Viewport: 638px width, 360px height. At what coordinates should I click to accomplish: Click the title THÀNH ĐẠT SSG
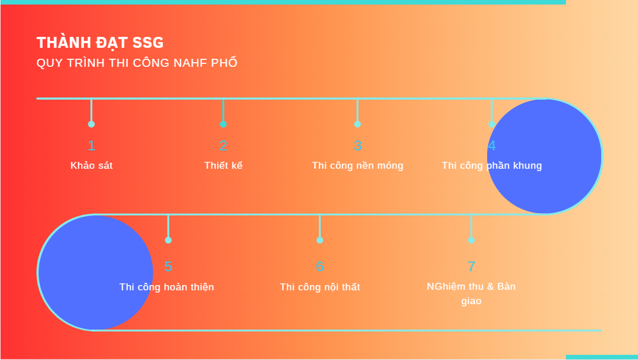pos(100,43)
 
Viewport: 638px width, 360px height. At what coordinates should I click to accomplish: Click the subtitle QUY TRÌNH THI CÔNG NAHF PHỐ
pos(137,63)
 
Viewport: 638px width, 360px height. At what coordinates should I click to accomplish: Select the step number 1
pos(92,146)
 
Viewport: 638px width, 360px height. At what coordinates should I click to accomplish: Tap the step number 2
pos(223,146)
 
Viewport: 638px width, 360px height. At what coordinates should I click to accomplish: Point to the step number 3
pos(358,146)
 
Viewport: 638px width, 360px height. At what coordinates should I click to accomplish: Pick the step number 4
pos(492,146)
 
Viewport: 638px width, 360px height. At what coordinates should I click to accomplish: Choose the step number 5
pos(169,267)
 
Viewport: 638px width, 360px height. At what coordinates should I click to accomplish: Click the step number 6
pos(320,267)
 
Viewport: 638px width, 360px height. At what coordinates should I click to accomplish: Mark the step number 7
pos(471,267)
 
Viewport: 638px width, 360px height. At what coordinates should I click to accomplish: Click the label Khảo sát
pos(92,165)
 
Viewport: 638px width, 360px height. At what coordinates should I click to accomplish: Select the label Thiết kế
pos(223,165)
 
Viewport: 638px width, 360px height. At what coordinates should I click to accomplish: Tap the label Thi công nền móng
pos(358,166)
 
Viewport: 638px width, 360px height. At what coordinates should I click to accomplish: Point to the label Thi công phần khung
pos(492,166)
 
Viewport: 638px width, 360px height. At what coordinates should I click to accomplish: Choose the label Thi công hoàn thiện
pos(167,287)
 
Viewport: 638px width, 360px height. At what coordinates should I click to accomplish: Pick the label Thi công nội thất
pos(320,287)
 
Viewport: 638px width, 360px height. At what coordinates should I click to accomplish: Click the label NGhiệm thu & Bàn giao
pos(471,294)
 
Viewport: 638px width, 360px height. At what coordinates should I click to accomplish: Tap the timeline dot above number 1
pos(92,124)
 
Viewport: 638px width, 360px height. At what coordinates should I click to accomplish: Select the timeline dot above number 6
pos(320,240)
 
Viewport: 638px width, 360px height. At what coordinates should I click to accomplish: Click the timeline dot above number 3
pos(358,124)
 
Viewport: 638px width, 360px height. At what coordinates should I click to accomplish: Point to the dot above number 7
pos(471,240)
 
